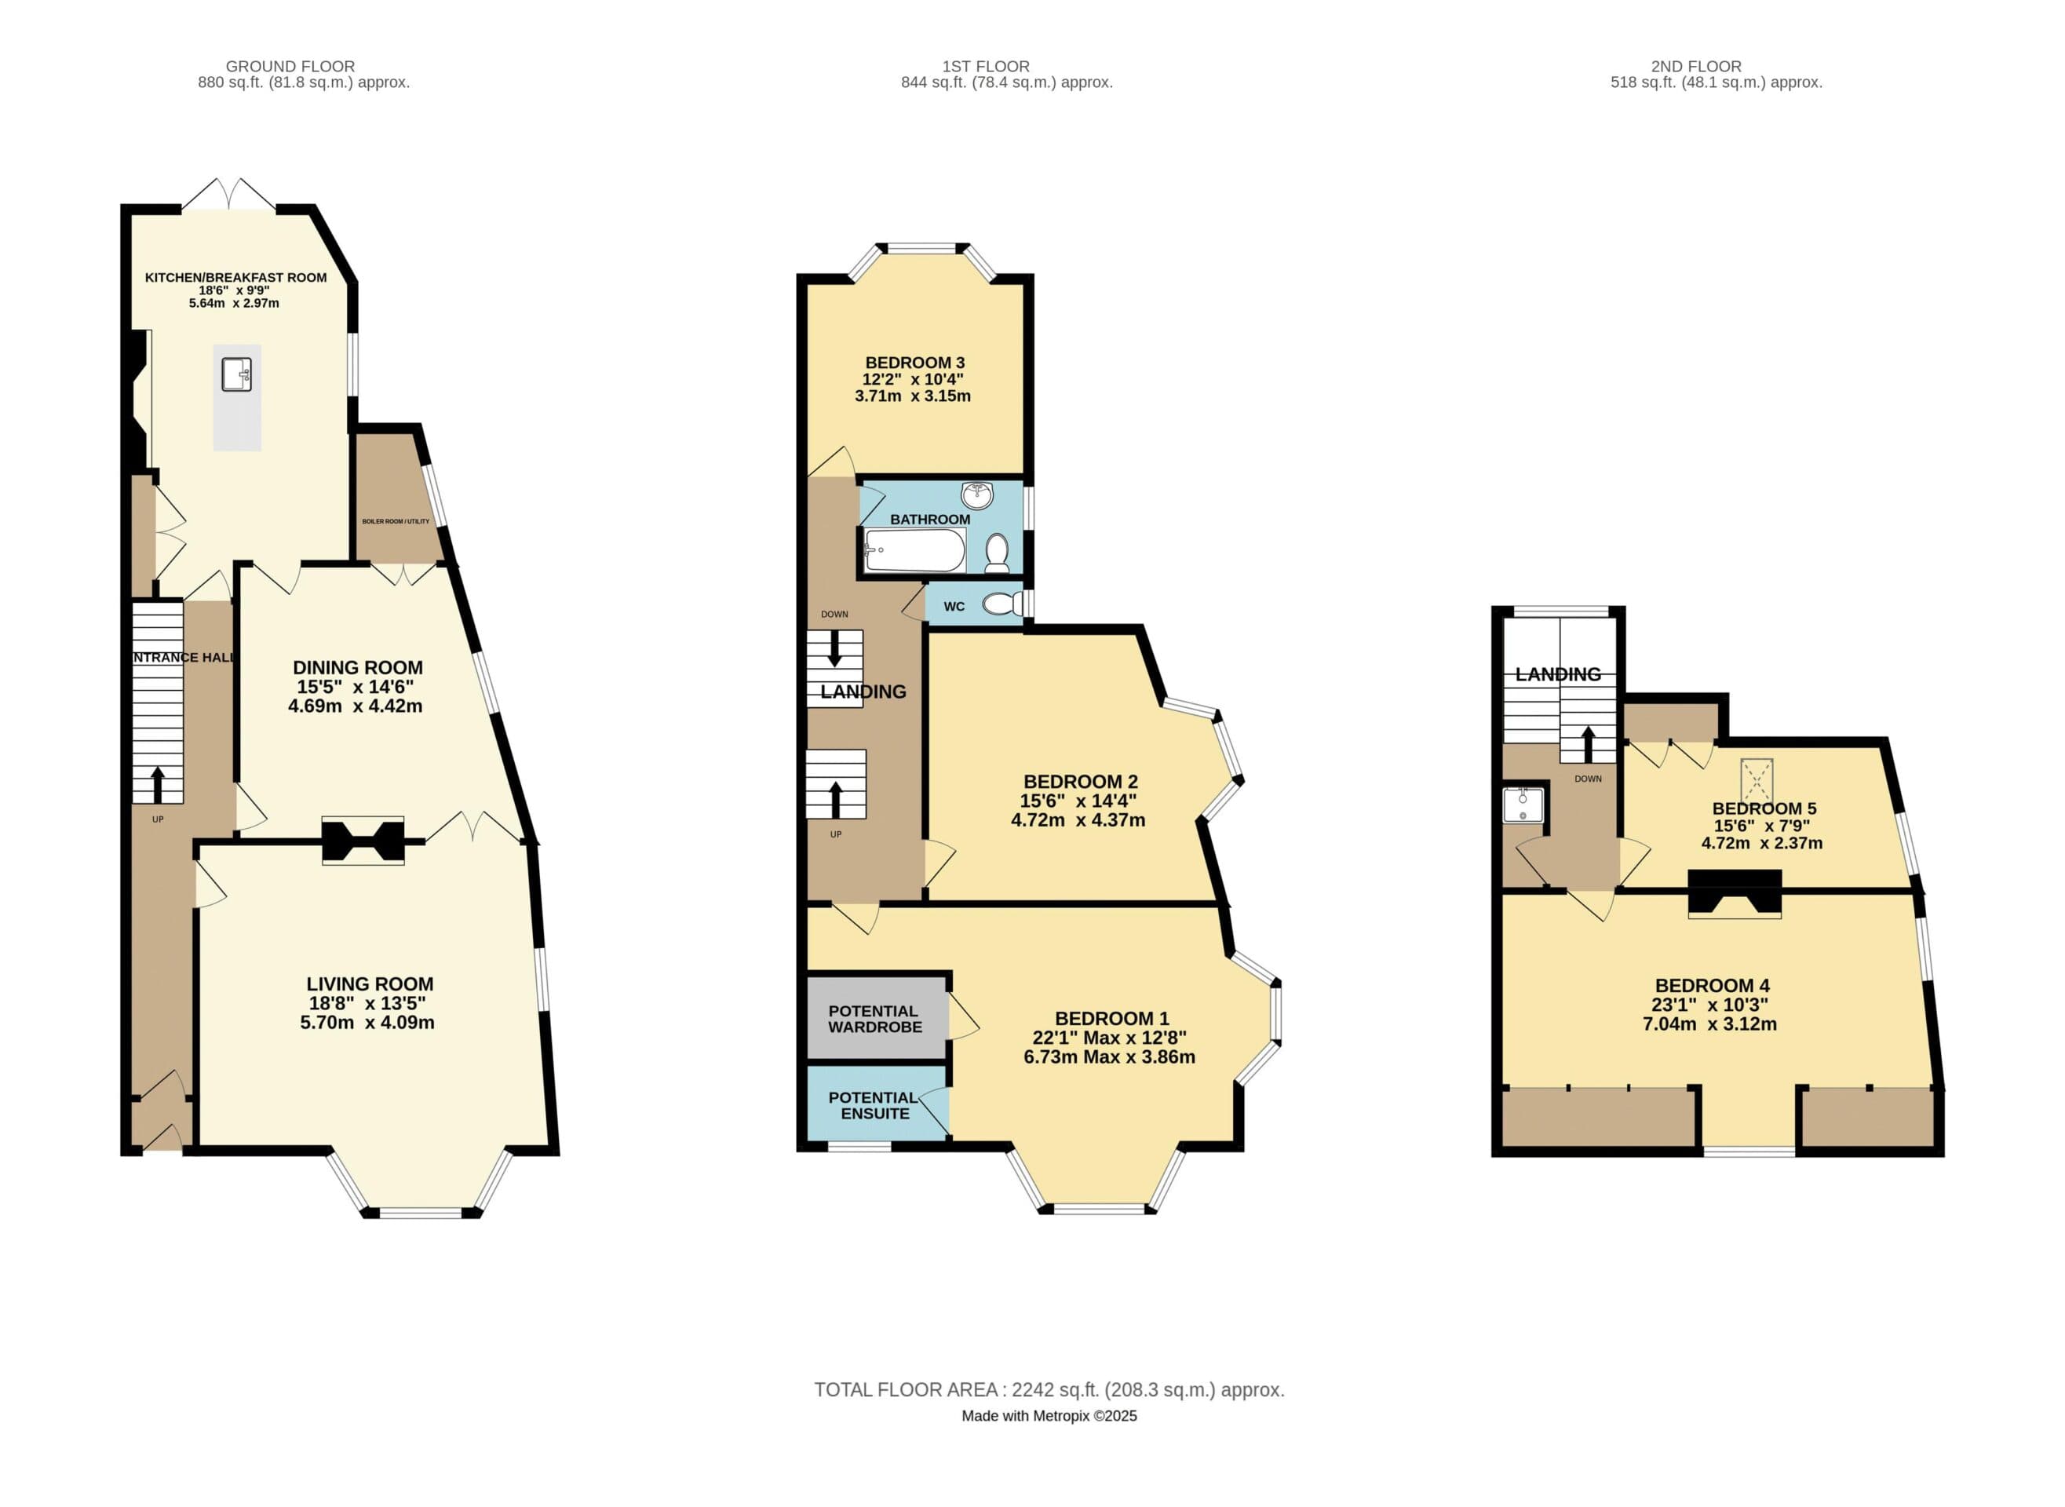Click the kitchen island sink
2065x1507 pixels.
[236, 374]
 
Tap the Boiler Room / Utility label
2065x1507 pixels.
[396, 522]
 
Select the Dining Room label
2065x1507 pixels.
[358, 668]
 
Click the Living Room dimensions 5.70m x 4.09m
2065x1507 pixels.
[367, 1023]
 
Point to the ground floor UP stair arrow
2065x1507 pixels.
[158, 785]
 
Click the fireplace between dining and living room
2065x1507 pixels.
[363, 841]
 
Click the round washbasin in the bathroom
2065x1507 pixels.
[977, 496]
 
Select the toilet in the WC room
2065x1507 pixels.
[1003, 604]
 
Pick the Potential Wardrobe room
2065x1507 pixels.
[877, 1018]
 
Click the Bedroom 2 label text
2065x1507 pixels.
[1080, 782]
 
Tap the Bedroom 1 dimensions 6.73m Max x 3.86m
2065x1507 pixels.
[1109, 1057]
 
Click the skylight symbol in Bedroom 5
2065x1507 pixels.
[1756, 781]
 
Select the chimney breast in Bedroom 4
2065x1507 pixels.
[1734, 893]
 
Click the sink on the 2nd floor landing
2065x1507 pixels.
[1523, 805]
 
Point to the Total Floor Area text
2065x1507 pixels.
[1049, 1389]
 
